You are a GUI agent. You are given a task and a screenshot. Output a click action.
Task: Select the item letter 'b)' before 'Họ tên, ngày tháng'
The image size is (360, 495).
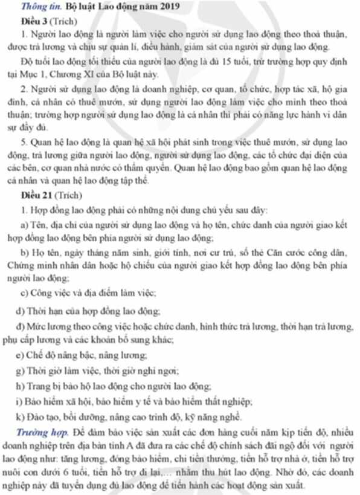click(x=24, y=254)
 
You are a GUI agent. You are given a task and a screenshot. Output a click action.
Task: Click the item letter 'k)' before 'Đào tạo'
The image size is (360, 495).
click(x=24, y=416)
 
